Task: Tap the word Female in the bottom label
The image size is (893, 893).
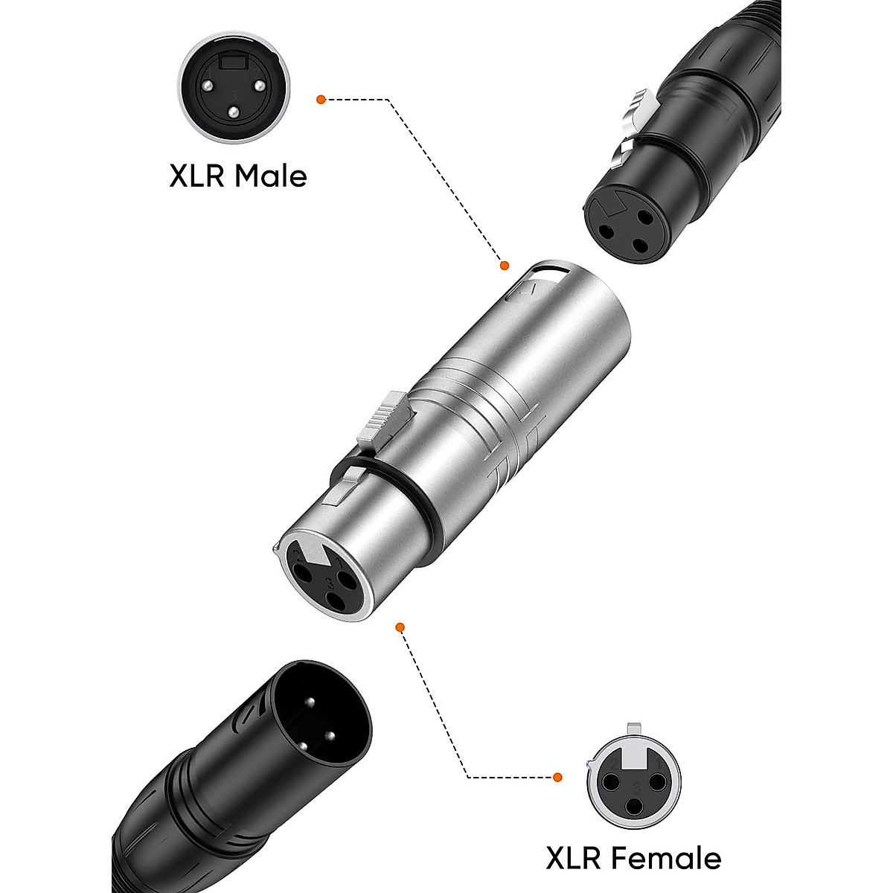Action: [x=669, y=858]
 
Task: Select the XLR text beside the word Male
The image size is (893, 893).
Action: [x=196, y=176]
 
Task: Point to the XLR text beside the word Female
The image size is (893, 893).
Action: [x=575, y=858]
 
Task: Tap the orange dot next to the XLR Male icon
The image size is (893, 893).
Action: [x=321, y=98]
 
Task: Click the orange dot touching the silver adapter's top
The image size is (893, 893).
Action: [x=504, y=265]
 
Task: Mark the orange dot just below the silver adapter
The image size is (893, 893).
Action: [x=400, y=627]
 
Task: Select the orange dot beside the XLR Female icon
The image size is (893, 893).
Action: [x=557, y=778]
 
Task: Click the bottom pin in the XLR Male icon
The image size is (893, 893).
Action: [x=234, y=112]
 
